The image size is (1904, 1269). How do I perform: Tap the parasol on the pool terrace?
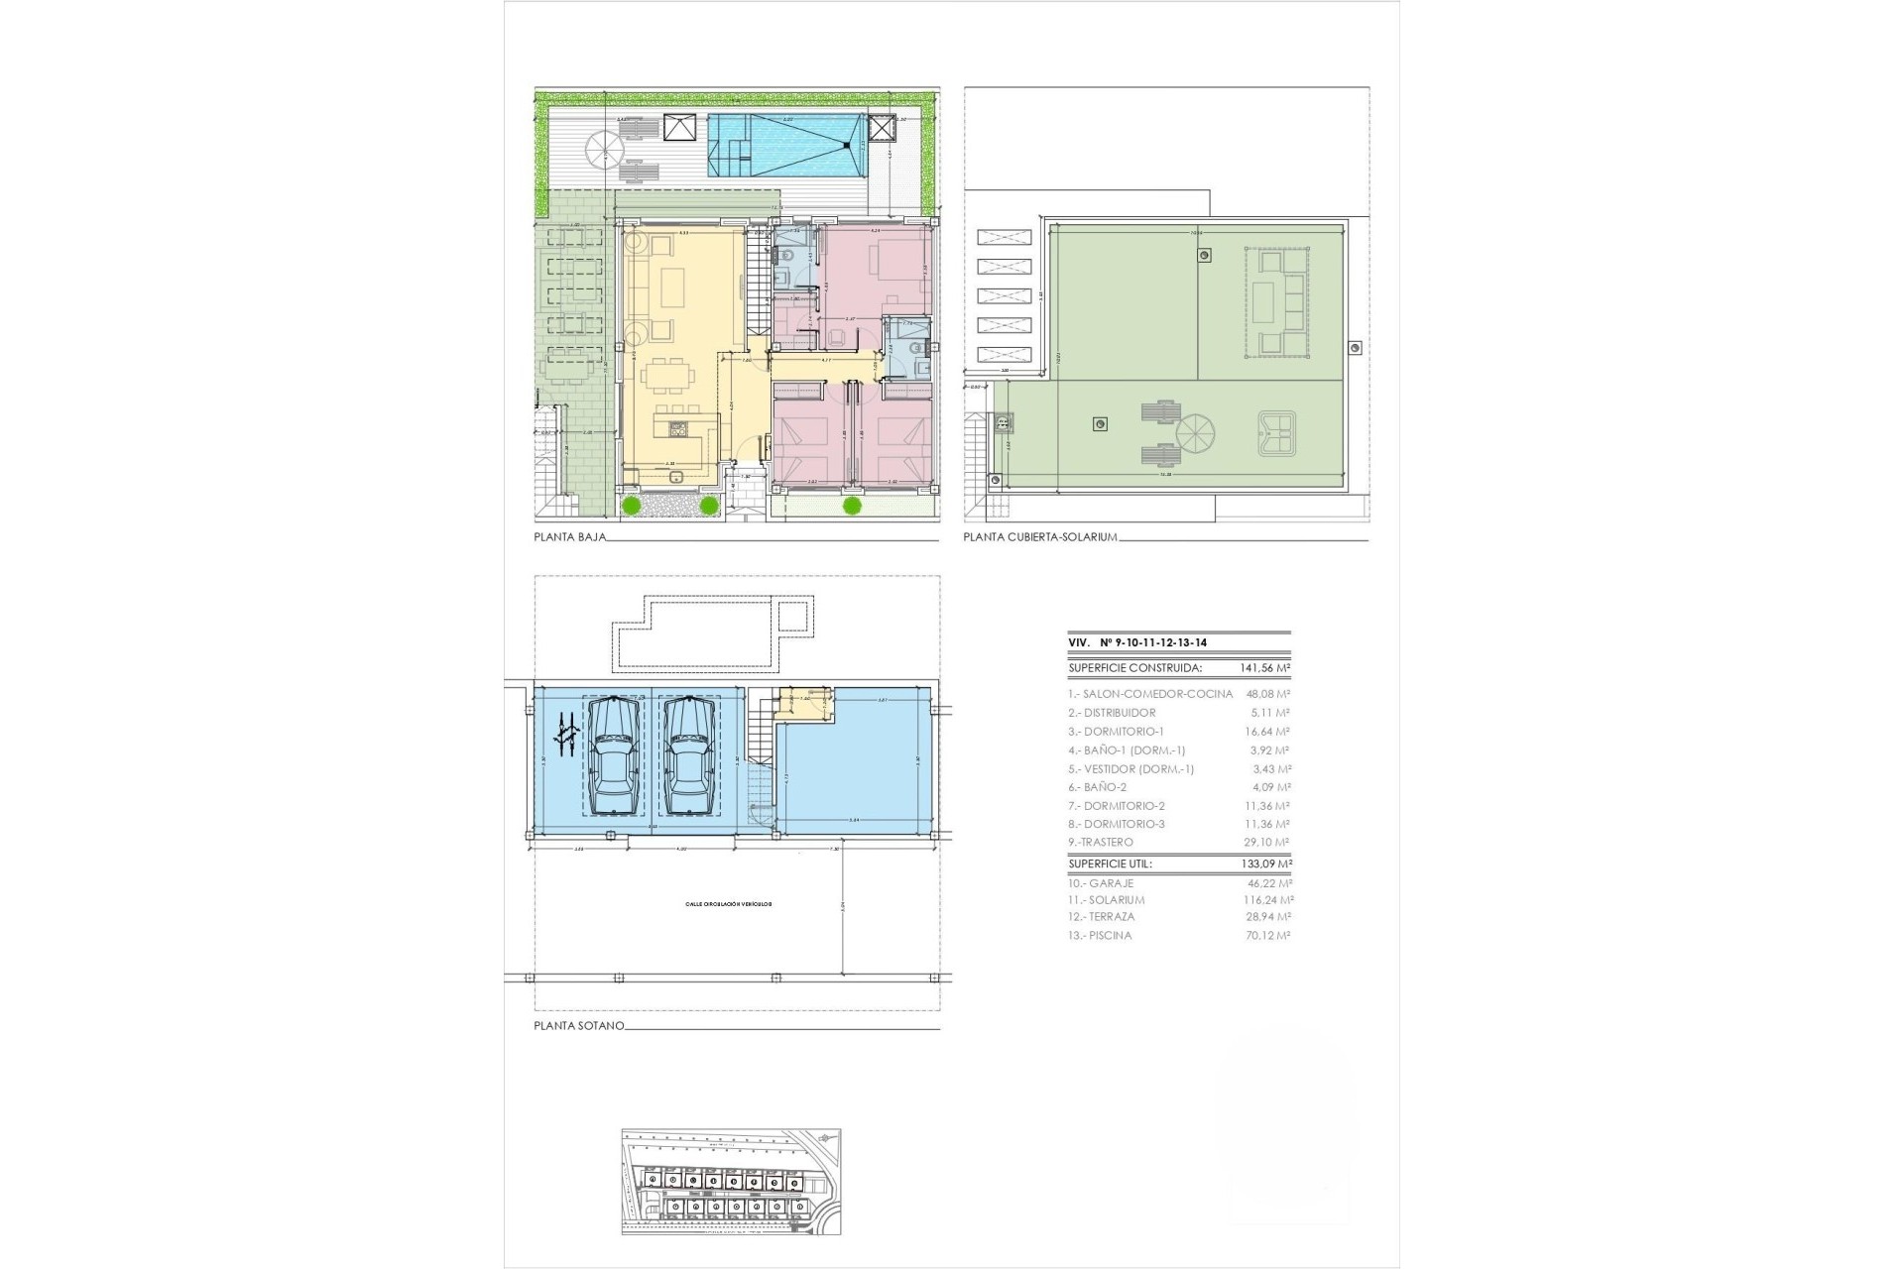tap(604, 151)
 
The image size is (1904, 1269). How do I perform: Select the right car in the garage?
tap(689, 758)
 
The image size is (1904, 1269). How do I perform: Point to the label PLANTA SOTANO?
tap(579, 1026)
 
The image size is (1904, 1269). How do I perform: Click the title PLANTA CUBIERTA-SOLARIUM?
tap(1040, 538)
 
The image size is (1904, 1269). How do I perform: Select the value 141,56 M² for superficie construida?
tap(1265, 669)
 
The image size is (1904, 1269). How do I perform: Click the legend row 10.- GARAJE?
tap(1101, 883)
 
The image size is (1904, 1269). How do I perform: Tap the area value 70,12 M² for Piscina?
tap(1268, 936)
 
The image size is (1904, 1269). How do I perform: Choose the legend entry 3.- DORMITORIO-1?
tap(1116, 732)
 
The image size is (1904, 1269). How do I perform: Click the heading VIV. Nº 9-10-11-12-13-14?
tap(1136, 643)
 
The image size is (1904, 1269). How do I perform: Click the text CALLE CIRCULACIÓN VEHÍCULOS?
tap(728, 904)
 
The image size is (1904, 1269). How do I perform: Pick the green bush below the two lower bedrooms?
tap(852, 507)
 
